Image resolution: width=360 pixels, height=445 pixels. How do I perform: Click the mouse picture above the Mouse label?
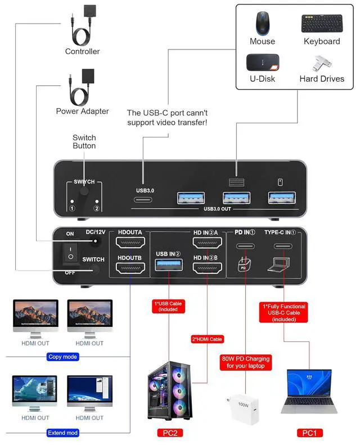263,24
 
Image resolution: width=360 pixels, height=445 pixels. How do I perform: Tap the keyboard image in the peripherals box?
322,23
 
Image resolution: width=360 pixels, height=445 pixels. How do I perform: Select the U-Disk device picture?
263,62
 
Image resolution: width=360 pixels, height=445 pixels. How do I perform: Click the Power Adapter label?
82,111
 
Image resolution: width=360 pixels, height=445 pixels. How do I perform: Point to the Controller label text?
82,51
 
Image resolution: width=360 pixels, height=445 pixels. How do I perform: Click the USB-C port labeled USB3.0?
143,200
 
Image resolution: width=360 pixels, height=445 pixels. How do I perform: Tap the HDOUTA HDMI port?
130,242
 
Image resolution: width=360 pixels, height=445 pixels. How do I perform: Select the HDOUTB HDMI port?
130,268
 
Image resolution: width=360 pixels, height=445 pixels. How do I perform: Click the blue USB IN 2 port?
169,265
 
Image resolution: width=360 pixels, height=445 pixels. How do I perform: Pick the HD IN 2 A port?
208,242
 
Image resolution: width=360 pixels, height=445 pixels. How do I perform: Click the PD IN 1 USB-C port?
245,246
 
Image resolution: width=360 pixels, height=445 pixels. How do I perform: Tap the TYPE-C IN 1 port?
283,246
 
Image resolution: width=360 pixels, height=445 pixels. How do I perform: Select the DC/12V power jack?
96,241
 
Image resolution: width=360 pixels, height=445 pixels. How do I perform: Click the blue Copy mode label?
62,357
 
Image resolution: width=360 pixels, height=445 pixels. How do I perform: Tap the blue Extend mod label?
62,433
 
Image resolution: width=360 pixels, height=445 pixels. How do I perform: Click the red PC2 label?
170,433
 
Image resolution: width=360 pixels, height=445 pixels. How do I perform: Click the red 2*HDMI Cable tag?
208,339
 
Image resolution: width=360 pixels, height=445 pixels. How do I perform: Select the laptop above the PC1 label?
309,392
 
